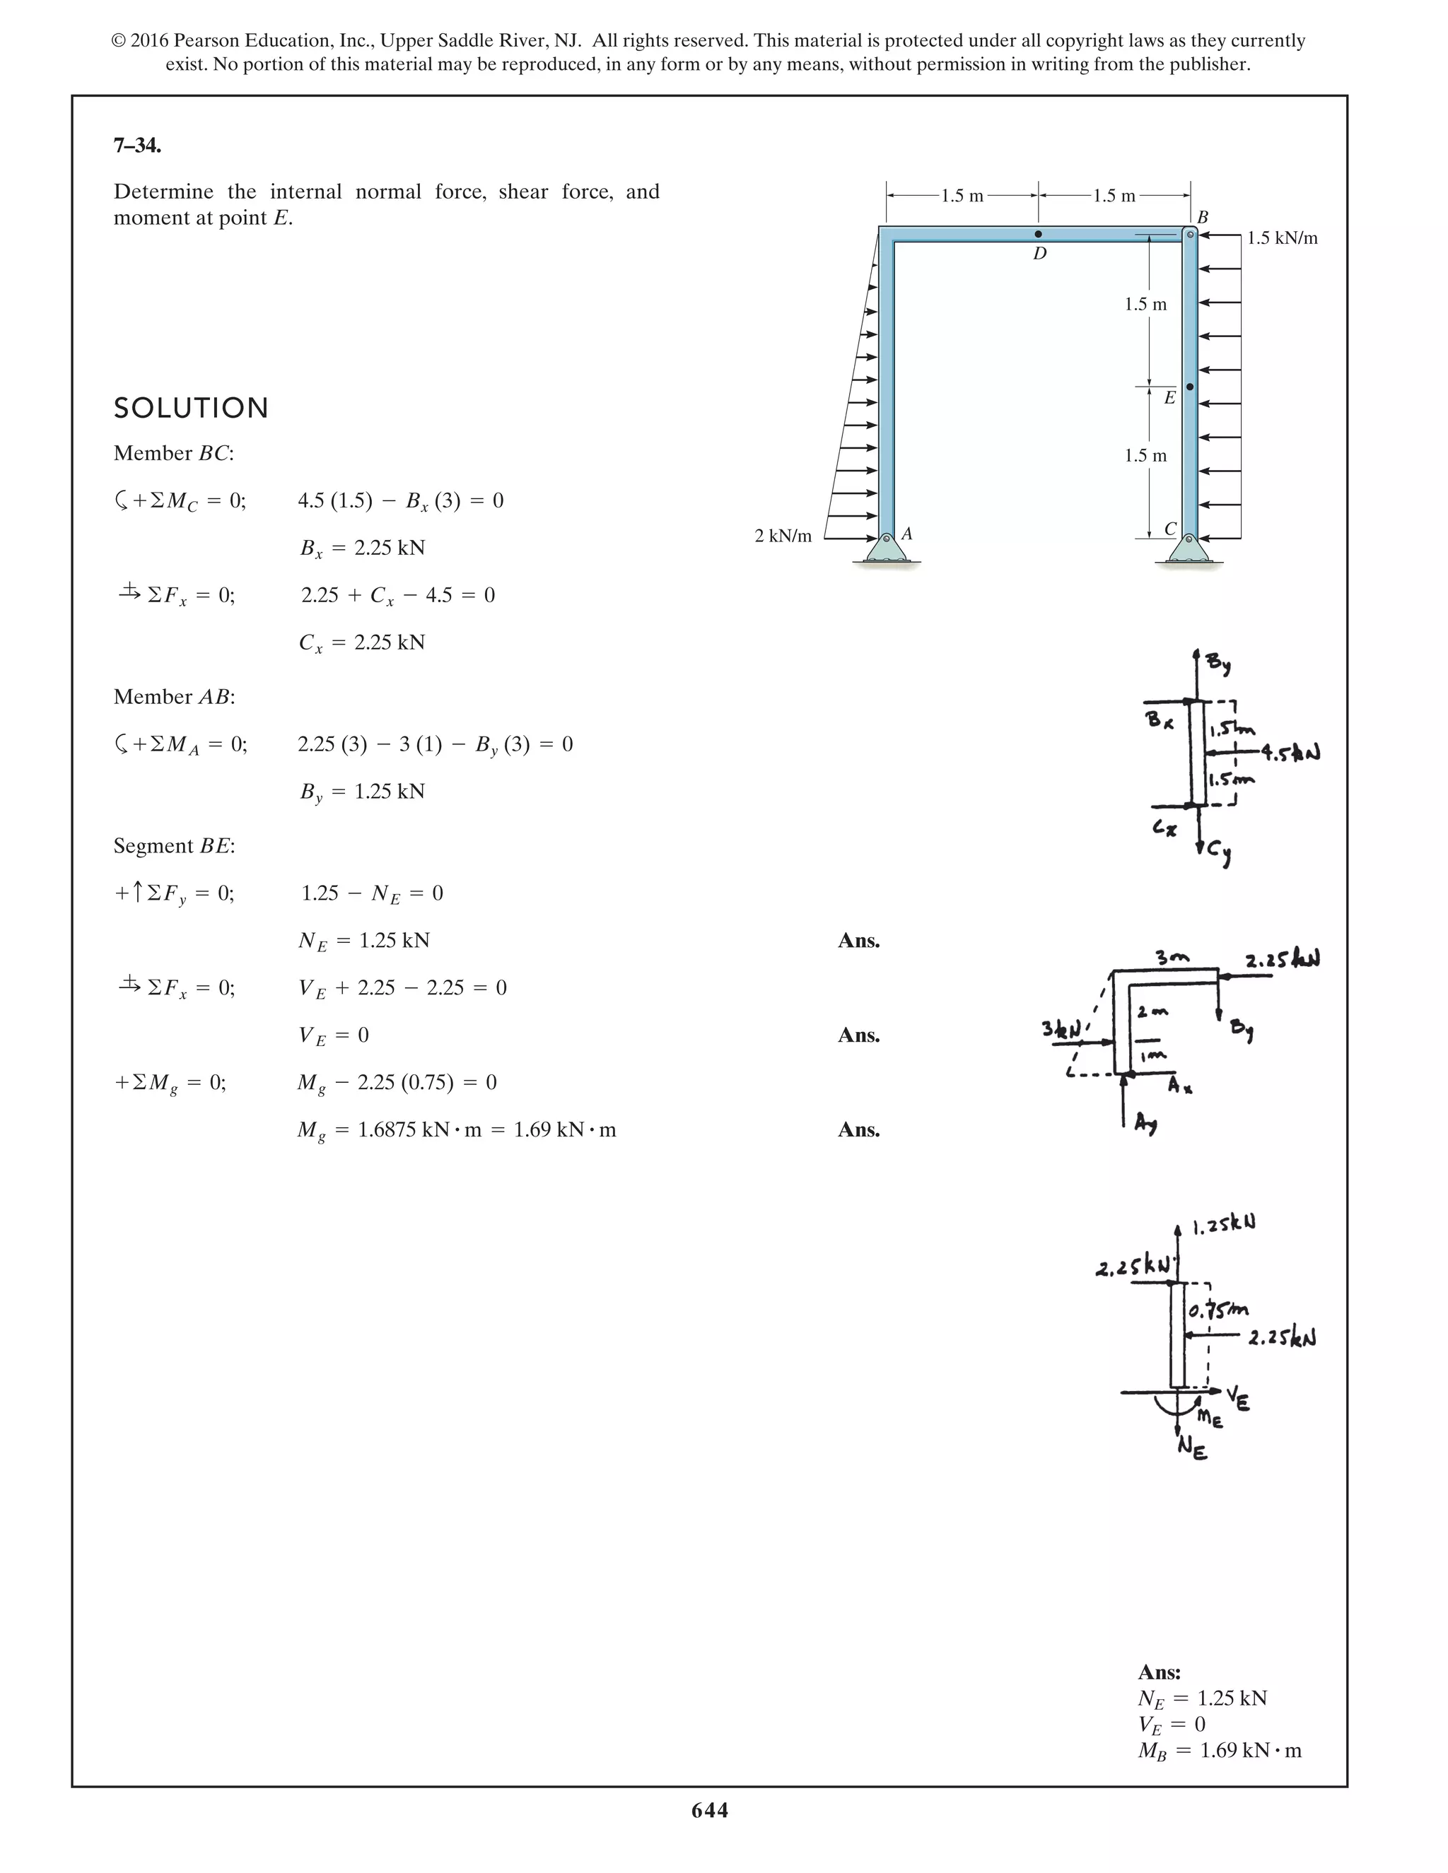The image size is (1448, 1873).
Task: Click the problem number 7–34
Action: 137,146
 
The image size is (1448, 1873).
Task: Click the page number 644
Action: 709,1809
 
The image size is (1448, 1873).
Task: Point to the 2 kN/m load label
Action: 783,536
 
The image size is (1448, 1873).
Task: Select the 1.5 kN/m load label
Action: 1282,238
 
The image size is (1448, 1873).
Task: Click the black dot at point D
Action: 1038,234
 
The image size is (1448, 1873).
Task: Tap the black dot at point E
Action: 1190,387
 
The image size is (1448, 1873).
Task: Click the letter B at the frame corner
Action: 1202,217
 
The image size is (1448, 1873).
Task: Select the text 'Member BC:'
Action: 173,453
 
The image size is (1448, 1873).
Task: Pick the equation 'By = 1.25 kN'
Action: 362,792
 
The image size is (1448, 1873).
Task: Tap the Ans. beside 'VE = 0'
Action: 858,1035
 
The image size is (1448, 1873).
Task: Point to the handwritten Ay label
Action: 1145,1124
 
